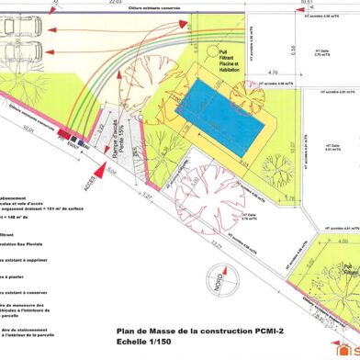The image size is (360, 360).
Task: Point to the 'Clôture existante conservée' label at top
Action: [x=145, y=11]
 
